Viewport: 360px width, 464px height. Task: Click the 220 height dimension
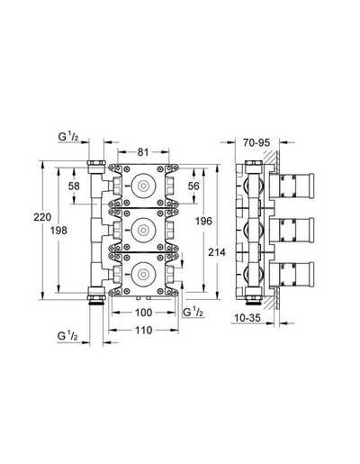point(42,217)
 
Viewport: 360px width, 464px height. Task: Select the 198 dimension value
point(58,231)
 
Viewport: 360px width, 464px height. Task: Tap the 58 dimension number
point(74,187)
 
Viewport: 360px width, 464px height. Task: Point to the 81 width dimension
point(143,152)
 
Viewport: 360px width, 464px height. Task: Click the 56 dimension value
point(193,186)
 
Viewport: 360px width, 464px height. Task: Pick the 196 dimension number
point(203,222)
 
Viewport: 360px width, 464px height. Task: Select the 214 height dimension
point(217,252)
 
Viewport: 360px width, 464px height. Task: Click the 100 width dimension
point(144,313)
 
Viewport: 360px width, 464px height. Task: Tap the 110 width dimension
point(144,331)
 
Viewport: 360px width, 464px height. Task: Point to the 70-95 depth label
point(256,142)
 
